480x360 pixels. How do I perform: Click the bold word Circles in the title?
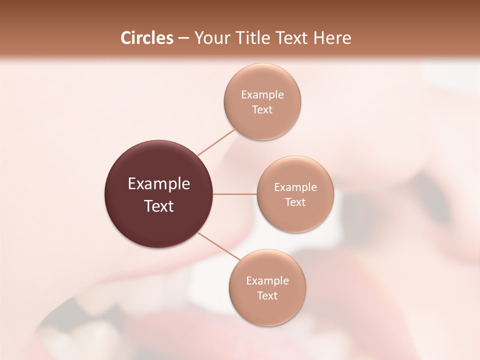tap(146, 38)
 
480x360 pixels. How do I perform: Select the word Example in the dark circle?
tap(159, 184)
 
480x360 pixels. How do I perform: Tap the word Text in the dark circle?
tap(159, 206)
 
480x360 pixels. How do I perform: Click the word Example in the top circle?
tap(262, 95)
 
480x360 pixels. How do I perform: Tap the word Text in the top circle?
tap(262, 110)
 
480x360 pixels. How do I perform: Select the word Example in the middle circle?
tap(295, 187)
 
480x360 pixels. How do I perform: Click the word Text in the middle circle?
tap(295, 202)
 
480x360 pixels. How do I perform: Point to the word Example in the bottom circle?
tap(267, 281)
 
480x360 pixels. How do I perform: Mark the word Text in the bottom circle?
tap(267, 296)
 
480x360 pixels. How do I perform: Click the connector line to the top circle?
tap(216, 142)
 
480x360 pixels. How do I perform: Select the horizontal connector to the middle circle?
tap(235, 194)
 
